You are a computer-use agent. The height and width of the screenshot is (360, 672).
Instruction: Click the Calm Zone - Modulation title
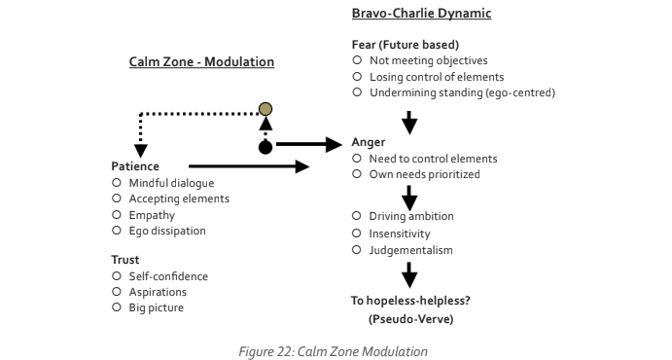coord(201,62)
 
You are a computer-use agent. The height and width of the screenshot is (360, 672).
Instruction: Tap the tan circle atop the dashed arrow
coord(265,109)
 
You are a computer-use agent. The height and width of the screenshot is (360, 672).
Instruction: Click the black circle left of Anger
coord(265,147)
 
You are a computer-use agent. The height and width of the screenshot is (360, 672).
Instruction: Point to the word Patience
coord(135,167)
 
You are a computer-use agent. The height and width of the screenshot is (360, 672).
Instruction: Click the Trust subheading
coord(126,260)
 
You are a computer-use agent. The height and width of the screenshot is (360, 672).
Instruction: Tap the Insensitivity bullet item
coord(401,234)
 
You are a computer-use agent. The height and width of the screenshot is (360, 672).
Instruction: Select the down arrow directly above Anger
coord(409,122)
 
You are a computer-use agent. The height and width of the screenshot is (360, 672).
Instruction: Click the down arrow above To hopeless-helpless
coord(409,275)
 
